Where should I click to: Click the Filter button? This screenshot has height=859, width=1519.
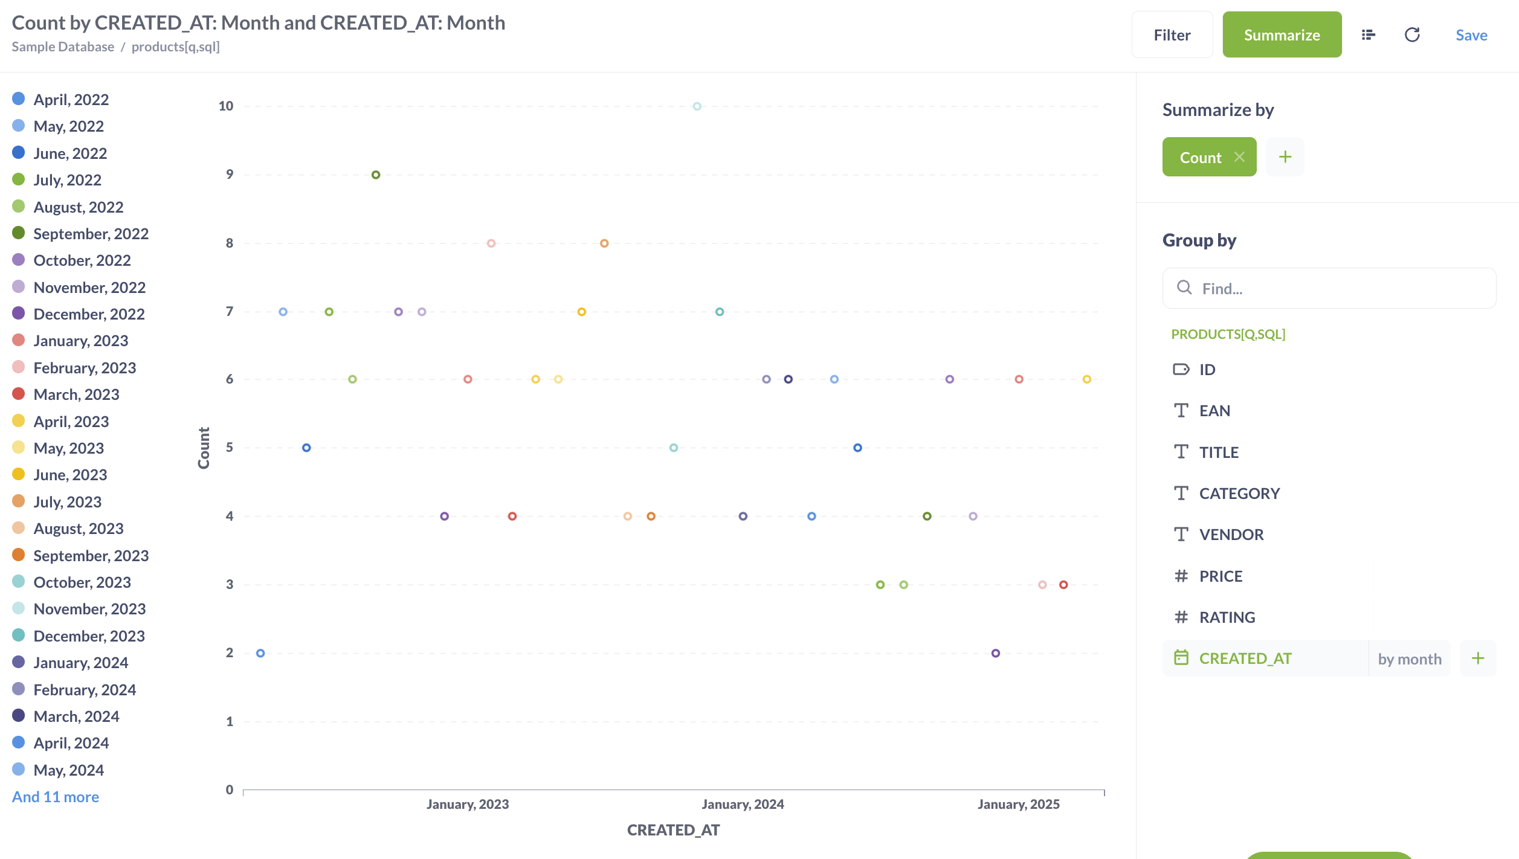point(1172,35)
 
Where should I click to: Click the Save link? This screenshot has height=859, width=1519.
point(1471,35)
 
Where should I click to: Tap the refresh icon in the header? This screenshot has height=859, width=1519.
point(1411,35)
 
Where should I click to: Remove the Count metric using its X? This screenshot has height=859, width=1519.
point(1239,157)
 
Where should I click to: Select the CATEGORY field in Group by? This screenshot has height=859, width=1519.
point(1239,494)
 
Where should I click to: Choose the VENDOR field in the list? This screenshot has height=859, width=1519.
point(1231,535)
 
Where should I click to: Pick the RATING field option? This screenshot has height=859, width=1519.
point(1227,617)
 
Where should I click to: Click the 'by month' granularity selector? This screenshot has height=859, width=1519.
point(1409,658)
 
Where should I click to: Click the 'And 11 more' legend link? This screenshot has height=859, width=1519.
point(56,797)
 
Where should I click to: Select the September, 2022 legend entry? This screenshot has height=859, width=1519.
point(91,234)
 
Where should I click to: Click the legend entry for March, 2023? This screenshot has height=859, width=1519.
point(76,394)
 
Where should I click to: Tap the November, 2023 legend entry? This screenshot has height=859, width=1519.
point(89,609)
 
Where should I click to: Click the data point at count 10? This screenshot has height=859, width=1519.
point(697,106)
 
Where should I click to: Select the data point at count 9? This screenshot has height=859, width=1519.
point(376,175)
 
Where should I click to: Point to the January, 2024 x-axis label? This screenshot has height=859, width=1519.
point(743,804)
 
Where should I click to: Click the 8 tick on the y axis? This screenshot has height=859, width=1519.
point(230,243)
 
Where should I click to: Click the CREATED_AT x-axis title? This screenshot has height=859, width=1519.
point(673,830)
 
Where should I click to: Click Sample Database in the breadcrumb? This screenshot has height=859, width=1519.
point(63,47)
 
